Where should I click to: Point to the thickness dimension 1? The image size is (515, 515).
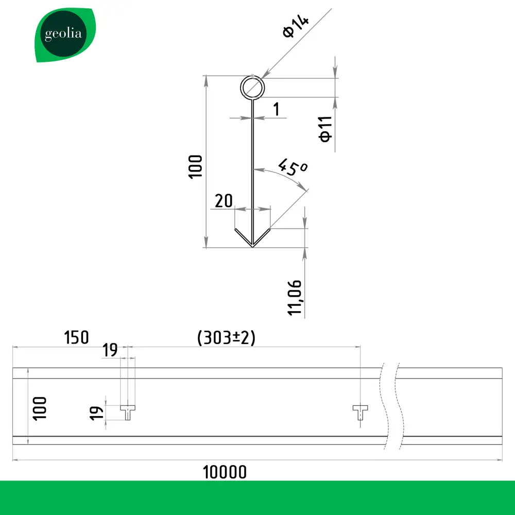click(276, 109)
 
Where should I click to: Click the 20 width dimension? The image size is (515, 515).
click(224, 201)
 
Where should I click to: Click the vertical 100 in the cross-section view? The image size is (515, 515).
click(196, 166)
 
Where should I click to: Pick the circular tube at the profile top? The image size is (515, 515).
click(252, 88)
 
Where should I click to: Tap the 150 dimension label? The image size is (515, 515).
click(76, 338)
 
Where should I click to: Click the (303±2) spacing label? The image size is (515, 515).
click(227, 338)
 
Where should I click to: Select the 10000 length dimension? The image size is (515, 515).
click(225, 471)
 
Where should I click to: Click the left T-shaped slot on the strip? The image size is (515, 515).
click(128, 411)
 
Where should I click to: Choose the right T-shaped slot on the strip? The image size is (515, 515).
click(360, 411)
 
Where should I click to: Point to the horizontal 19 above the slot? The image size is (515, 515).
click(110, 351)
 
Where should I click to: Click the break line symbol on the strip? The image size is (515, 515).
click(390, 407)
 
